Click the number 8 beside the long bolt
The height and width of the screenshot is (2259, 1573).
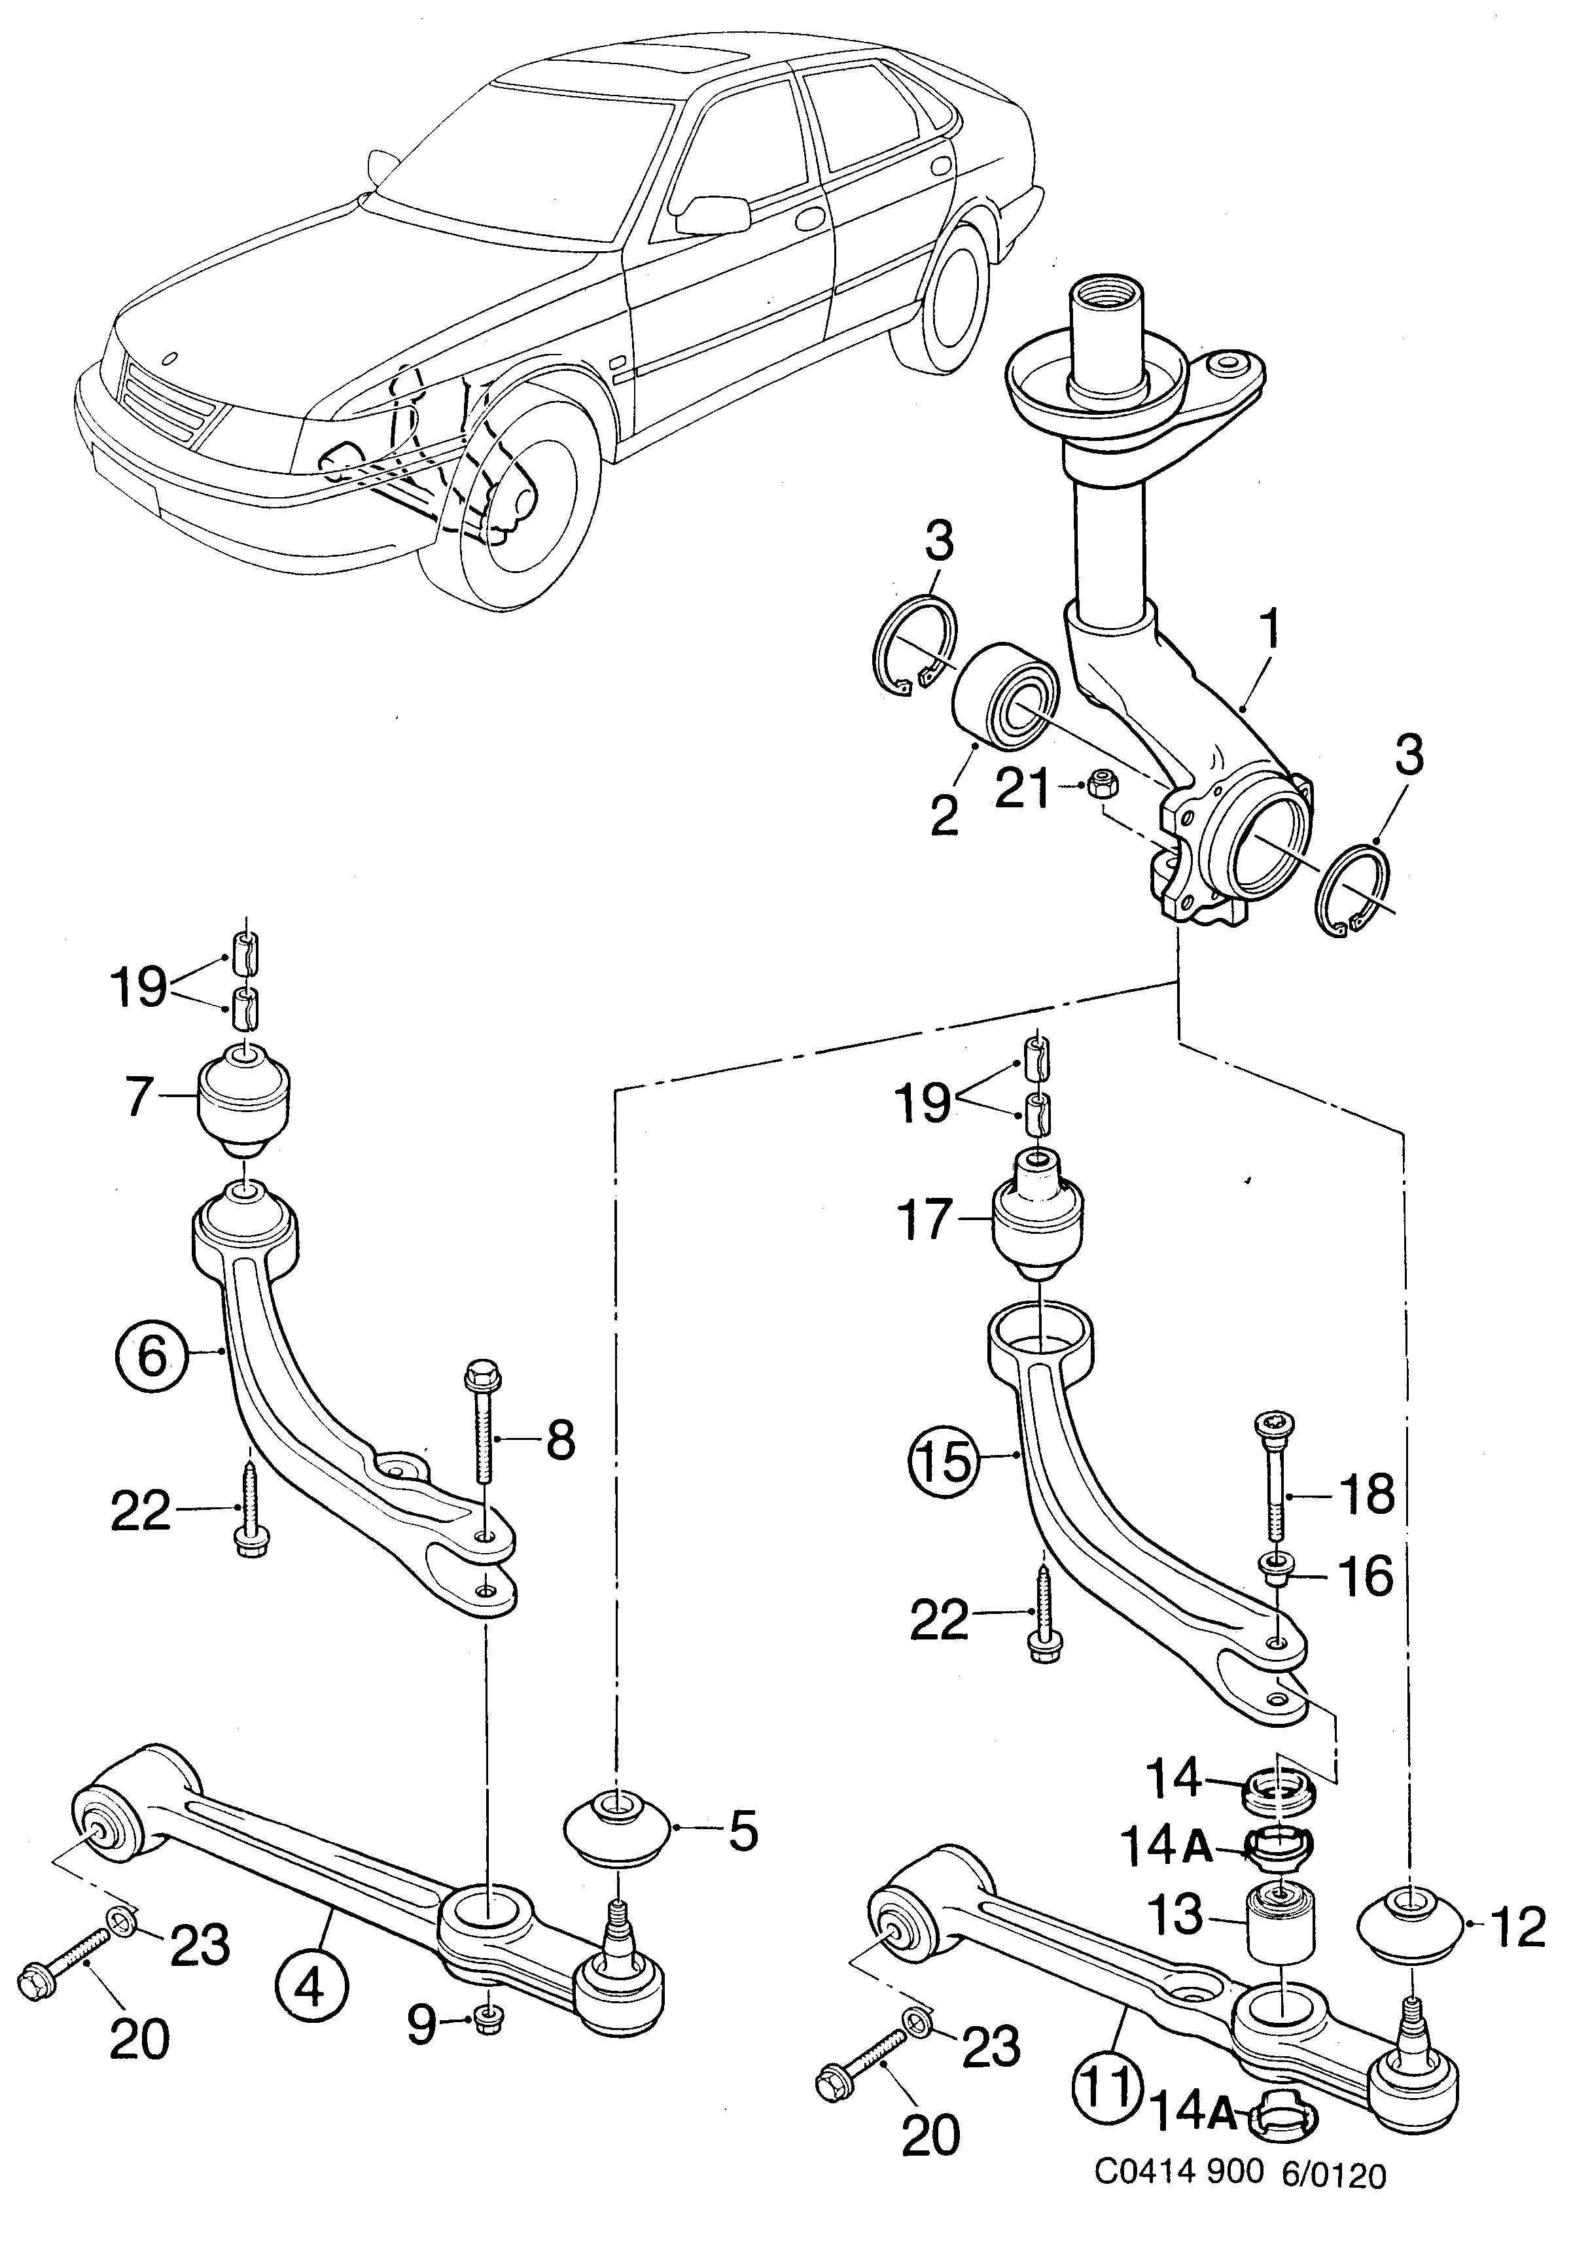coord(560,1443)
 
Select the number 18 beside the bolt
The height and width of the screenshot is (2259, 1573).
coord(1366,1494)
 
